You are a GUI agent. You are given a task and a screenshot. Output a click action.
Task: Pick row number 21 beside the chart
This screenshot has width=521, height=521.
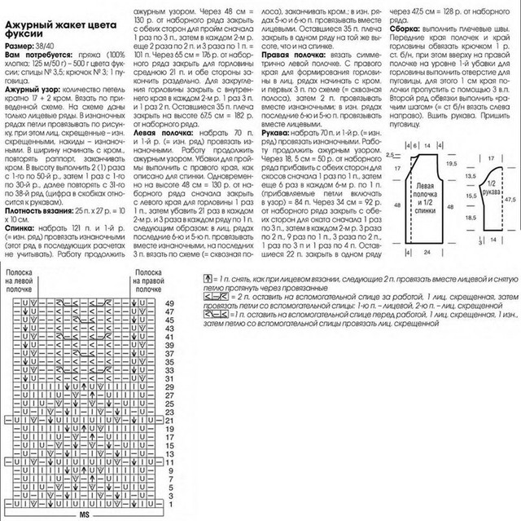(x=170, y=413)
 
